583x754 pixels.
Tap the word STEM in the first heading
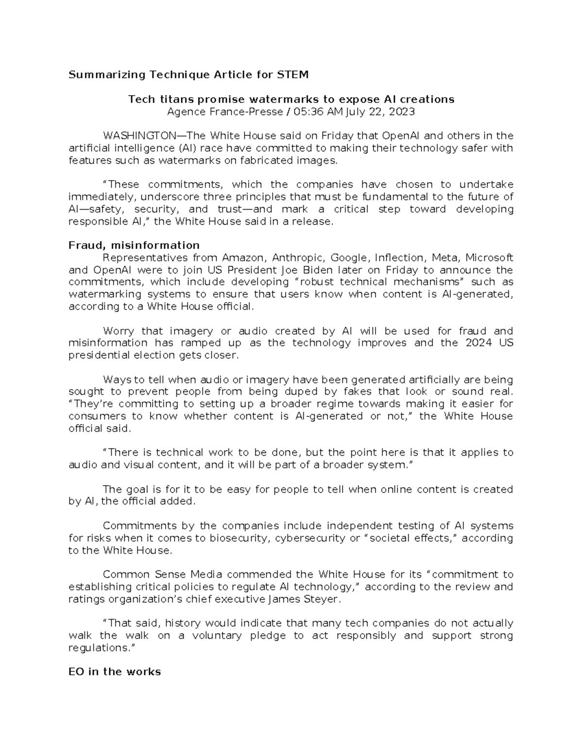point(292,75)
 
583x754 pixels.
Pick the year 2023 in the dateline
point(402,112)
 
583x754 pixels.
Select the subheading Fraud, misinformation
point(134,245)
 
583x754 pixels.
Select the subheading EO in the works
point(115,672)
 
